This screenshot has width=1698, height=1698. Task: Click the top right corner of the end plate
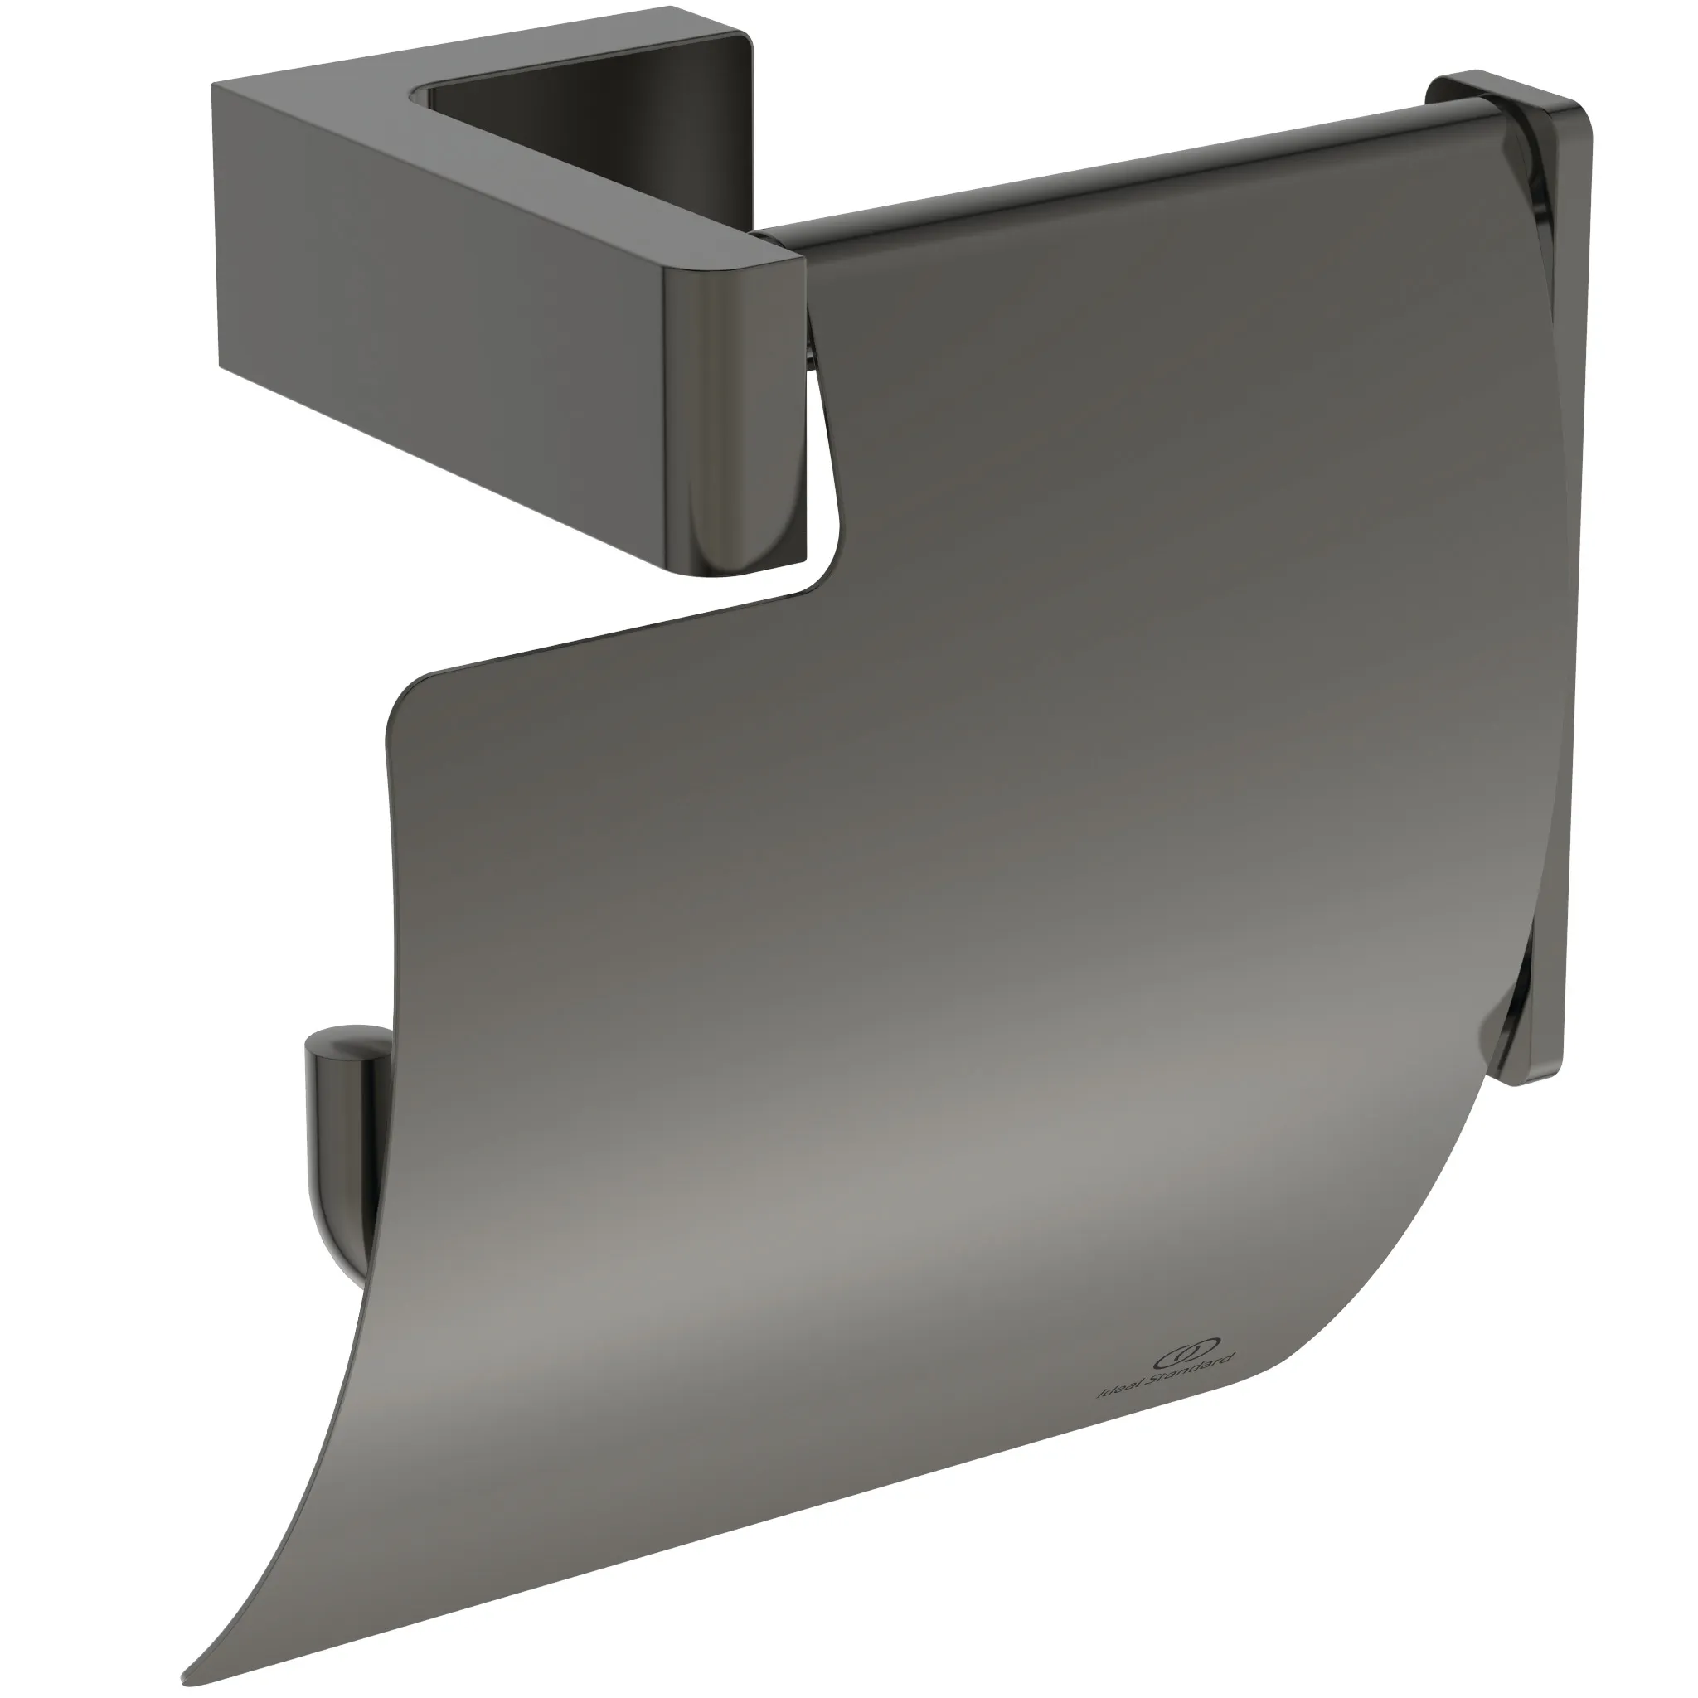[x=1578, y=123]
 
